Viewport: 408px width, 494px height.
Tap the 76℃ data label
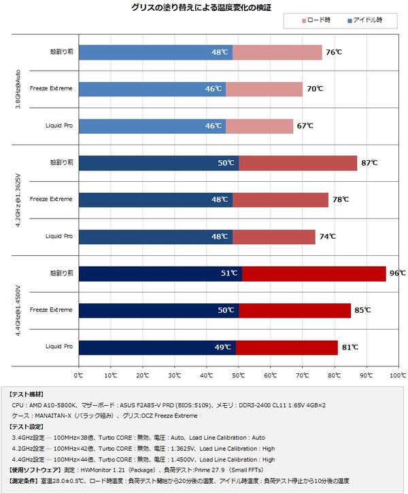[x=333, y=52]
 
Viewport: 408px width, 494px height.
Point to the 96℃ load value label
[x=398, y=273]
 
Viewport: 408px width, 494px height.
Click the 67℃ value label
[x=305, y=126]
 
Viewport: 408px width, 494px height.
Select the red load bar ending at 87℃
[x=297, y=163]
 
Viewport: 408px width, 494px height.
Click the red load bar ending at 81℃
[x=286, y=347]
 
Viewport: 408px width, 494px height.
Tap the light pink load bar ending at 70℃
[x=264, y=89]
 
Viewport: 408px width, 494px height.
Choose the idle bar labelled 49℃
[x=156, y=347]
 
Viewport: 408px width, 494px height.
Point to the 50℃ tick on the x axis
[x=238, y=375]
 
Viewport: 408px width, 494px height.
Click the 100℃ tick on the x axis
[x=398, y=375]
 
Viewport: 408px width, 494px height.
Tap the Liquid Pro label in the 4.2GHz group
[x=58, y=236]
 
